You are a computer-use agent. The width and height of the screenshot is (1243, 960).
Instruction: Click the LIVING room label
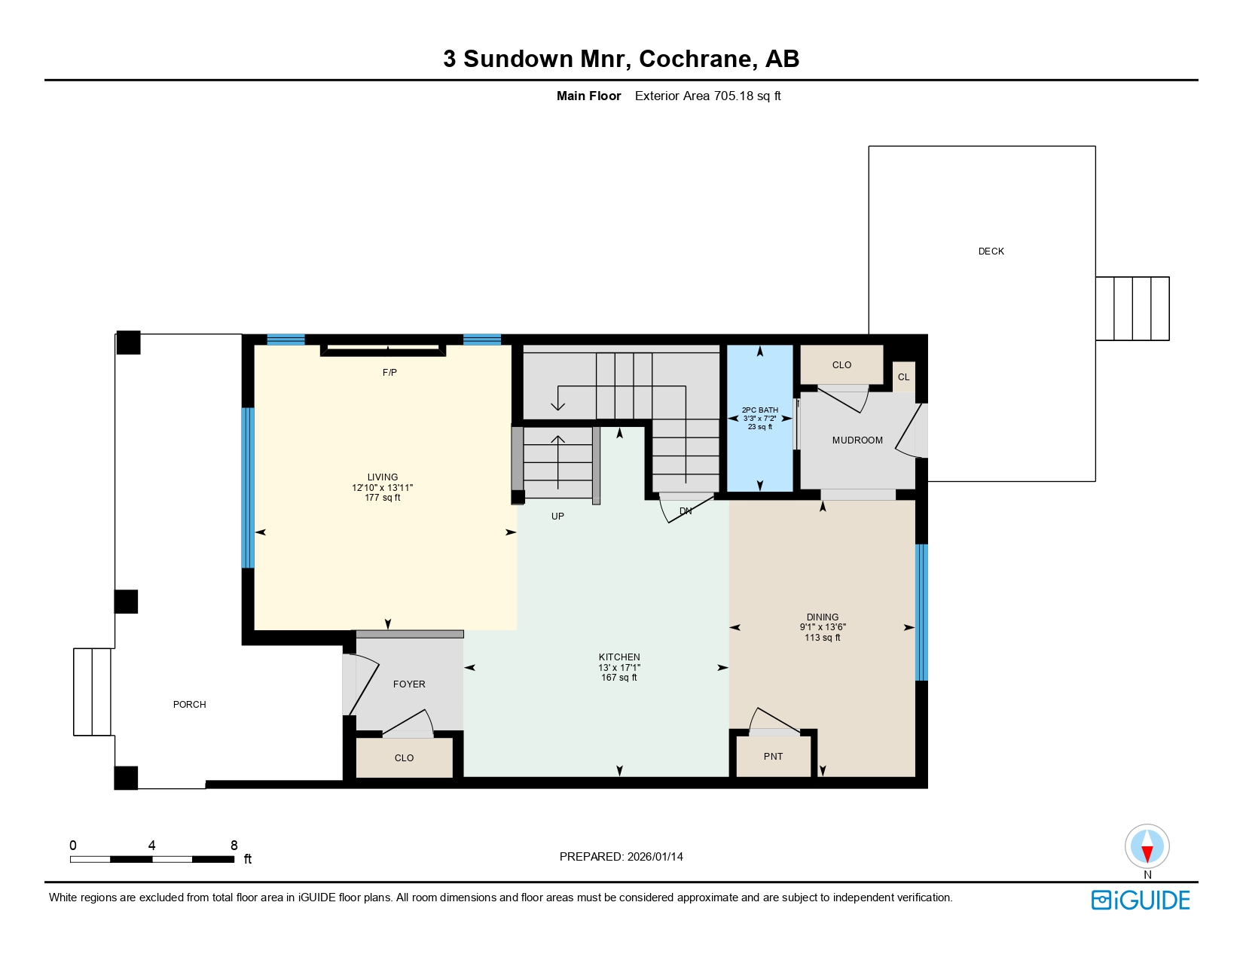click(382, 477)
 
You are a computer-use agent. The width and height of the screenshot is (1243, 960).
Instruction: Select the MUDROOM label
click(857, 440)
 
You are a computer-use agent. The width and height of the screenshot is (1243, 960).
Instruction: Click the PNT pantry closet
click(773, 757)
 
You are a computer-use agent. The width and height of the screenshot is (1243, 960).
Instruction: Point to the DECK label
click(991, 251)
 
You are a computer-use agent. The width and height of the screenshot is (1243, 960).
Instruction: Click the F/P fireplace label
click(389, 373)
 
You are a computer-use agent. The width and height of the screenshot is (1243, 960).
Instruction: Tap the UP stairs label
click(557, 517)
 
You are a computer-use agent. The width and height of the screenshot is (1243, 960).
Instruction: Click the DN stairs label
click(686, 511)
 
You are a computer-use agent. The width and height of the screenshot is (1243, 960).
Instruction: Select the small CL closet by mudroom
click(903, 377)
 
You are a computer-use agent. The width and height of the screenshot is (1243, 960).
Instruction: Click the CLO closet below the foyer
click(404, 758)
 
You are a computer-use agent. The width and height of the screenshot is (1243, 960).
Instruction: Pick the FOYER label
click(409, 684)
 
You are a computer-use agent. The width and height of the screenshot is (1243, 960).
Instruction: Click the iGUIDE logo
click(1141, 901)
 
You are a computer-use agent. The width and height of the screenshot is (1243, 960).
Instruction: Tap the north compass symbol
click(1147, 847)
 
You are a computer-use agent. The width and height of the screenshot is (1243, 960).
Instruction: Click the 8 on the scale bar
click(234, 846)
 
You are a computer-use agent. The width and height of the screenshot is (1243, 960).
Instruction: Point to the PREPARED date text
click(621, 857)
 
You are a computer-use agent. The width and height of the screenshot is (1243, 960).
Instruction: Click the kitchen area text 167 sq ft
click(619, 678)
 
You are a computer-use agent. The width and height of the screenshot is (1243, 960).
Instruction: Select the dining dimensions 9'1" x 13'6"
click(823, 627)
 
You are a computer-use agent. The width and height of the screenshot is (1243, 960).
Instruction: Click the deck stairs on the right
click(1132, 309)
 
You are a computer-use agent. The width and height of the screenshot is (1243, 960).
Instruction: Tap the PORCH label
click(189, 705)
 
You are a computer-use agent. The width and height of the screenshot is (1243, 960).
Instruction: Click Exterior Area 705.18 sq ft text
click(707, 96)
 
